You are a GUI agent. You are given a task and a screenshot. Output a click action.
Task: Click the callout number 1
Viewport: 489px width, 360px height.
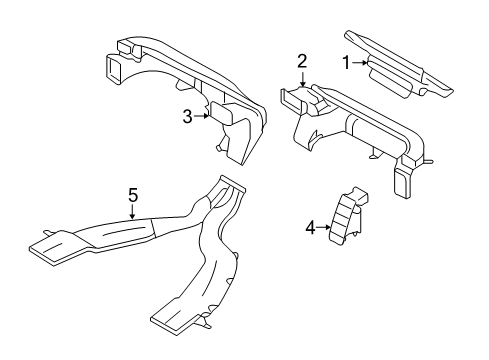(x=346, y=63)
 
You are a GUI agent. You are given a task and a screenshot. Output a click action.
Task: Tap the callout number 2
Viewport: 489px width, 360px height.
(x=301, y=63)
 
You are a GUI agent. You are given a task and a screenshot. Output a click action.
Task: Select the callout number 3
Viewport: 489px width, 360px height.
(x=186, y=117)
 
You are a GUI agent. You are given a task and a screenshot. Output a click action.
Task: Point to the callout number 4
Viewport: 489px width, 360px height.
(x=311, y=227)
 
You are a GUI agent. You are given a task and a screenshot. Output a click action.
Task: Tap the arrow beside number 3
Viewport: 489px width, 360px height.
(x=201, y=117)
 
